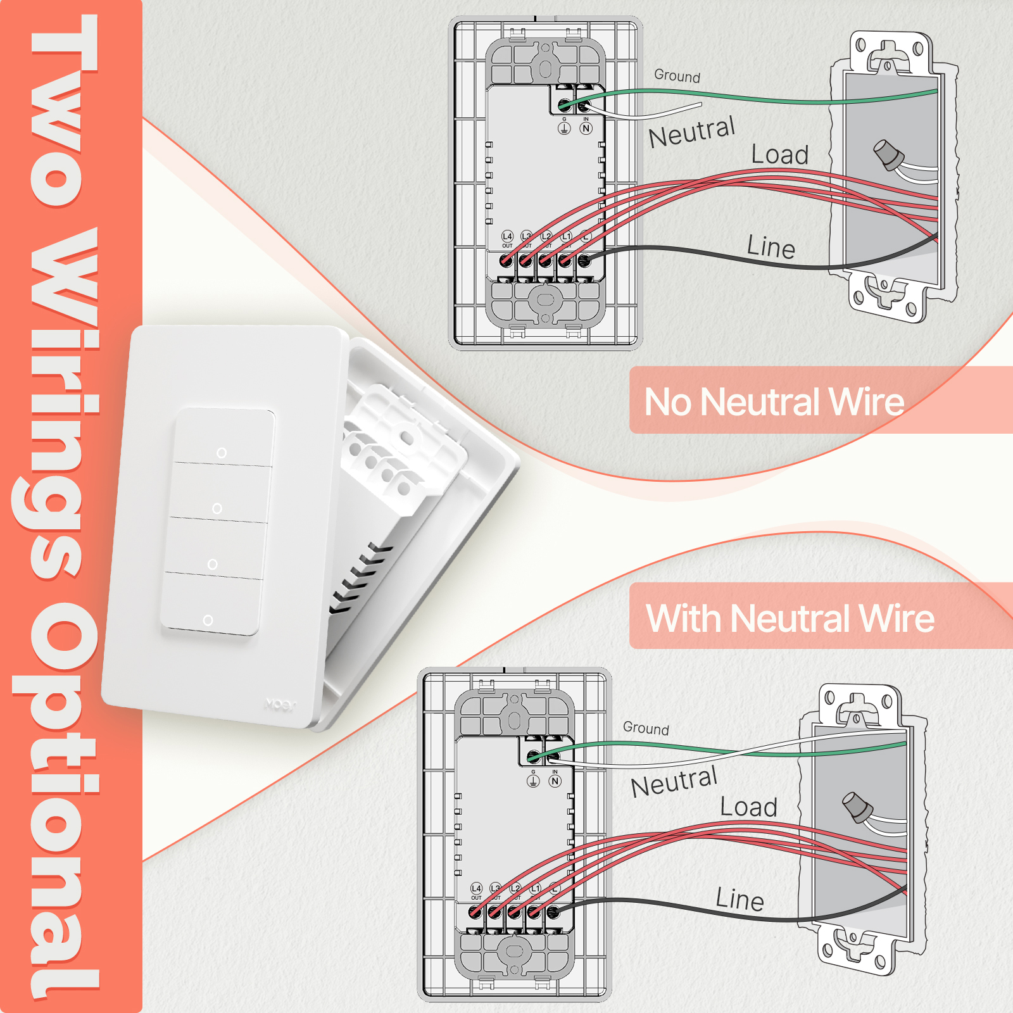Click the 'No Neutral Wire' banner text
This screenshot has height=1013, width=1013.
774,402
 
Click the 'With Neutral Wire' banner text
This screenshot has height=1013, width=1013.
790,619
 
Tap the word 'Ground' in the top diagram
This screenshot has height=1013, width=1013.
677,76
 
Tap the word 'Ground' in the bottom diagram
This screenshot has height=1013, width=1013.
646,728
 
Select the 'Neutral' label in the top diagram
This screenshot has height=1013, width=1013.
691,132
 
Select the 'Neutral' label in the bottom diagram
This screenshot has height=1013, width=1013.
674,783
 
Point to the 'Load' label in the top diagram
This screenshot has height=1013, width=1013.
779,155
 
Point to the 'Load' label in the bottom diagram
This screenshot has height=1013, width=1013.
748,807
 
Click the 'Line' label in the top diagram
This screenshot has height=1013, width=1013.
771,247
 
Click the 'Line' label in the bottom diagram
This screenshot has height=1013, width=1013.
739,899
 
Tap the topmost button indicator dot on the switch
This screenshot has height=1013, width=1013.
221,453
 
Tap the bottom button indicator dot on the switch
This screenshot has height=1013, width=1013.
208,620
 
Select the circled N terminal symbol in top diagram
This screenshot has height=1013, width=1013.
586,129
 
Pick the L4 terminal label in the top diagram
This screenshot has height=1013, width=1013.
507,237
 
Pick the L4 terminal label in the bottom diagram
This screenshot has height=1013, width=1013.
476,889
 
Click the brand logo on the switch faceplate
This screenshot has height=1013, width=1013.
280,704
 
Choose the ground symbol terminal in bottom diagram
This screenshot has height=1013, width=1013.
533,781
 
